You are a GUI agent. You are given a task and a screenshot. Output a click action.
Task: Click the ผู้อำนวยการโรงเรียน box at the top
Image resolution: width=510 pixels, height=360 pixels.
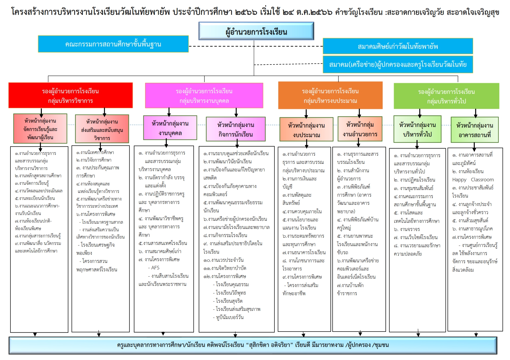click(x=256, y=31)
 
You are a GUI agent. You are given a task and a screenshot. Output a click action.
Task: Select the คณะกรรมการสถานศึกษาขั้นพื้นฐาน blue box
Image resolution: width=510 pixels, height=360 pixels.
click(x=113, y=44)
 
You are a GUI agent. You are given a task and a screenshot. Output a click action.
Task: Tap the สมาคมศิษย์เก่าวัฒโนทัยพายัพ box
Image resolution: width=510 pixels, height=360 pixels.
click(x=398, y=46)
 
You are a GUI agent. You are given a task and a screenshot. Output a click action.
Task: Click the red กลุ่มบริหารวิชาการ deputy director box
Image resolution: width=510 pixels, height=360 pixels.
click(x=71, y=95)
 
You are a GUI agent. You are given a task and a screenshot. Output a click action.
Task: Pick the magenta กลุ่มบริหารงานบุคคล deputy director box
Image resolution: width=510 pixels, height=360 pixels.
click(x=204, y=96)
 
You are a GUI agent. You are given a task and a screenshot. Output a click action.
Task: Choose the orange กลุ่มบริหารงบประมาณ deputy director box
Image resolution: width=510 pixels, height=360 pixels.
click(x=330, y=95)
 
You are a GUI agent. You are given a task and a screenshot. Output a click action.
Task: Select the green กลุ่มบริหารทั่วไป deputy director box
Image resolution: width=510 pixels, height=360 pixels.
click(x=446, y=96)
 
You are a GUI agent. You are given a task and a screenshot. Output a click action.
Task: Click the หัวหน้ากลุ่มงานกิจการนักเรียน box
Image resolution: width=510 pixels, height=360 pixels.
click(x=236, y=129)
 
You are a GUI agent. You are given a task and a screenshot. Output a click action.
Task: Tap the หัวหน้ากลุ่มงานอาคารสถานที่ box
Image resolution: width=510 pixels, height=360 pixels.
click(x=475, y=130)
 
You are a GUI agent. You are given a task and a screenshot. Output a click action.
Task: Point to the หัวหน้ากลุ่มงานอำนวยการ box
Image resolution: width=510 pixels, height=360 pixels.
click(x=360, y=129)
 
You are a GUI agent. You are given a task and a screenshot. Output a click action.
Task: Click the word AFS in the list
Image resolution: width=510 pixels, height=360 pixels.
click(x=155, y=268)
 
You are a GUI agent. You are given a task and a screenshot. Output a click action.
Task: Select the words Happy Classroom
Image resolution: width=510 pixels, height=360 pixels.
click(x=473, y=180)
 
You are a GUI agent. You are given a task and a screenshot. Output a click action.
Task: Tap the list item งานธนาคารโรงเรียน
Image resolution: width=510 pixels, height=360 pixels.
click(x=304, y=252)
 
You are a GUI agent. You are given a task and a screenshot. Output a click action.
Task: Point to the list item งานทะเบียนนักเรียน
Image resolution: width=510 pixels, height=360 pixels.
click(x=35, y=198)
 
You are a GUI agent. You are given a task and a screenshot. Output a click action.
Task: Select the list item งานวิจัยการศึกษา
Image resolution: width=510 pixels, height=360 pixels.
click(x=94, y=160)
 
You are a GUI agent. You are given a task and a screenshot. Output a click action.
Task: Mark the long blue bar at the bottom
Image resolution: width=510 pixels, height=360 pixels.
click(x=253, y=345)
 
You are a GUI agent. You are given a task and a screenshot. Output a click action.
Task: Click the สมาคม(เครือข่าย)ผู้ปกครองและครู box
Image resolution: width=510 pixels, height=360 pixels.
click(x=398, y=64)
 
